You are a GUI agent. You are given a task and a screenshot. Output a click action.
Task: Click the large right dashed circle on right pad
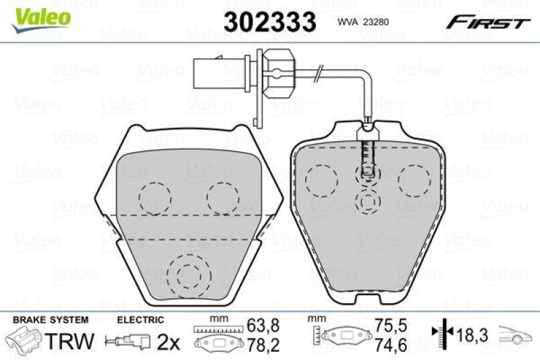(414, 182)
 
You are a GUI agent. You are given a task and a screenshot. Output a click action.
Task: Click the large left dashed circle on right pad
(321, 182)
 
